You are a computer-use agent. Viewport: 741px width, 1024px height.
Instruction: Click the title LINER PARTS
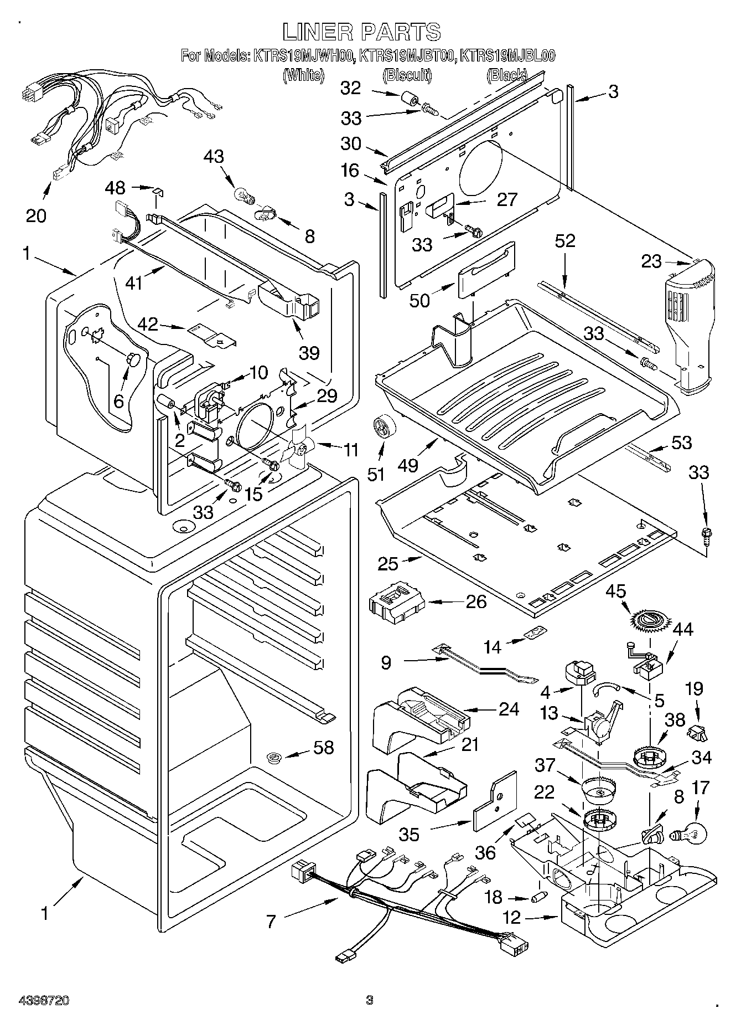pos(362,32)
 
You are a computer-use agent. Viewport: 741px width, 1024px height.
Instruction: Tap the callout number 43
pos(214,157)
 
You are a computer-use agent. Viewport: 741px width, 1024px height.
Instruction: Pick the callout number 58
pos(324,747)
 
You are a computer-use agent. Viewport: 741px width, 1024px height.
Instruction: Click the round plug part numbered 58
pos(272,757)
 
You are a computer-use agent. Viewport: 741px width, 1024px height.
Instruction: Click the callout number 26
pos(476,601)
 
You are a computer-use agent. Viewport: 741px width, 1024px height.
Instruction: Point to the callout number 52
pos(564,241)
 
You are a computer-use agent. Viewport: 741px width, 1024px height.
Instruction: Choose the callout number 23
pos(651,261)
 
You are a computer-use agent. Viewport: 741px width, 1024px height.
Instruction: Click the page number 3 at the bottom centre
pos(369,1000)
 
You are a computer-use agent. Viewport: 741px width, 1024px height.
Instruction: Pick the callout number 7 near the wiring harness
pos(271,922)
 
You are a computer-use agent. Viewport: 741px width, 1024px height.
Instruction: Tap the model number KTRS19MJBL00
pos(508,56)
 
